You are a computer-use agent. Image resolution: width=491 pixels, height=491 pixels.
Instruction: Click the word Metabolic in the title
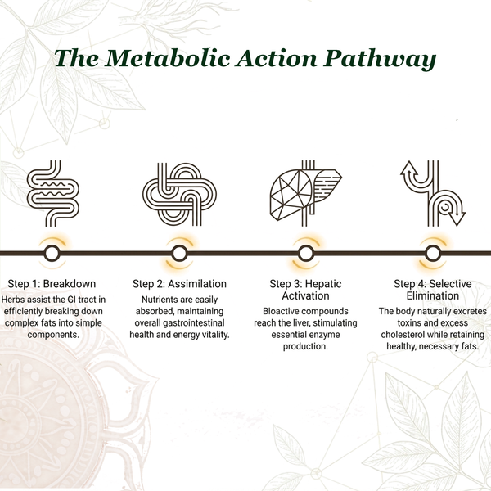[168, 58]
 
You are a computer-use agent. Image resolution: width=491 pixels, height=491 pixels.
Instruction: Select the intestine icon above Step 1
[53, 193]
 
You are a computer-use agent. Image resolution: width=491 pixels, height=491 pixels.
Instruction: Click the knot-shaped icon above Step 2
[179, 194]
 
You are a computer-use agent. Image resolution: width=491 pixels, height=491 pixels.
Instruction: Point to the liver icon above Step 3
[305, 193]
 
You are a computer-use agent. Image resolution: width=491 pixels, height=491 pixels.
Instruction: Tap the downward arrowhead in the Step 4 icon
[457, 218]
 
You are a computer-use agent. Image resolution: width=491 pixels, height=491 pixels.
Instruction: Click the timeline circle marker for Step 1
[52, 253]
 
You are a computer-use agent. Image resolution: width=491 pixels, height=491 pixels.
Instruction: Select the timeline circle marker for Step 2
[179, 253]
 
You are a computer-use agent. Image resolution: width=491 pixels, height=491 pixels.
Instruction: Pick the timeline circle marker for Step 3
[306, 253]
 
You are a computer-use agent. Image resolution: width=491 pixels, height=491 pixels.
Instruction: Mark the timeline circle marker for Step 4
[433, 253]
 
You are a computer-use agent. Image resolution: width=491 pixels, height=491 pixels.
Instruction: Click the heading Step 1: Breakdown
[52, 284]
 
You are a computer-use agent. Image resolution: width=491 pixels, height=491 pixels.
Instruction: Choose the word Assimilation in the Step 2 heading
[197, 284]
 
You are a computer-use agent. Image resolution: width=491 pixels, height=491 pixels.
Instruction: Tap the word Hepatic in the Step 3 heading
[323, 284]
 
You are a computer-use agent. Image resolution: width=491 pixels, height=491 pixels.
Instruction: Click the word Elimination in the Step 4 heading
[432, 295]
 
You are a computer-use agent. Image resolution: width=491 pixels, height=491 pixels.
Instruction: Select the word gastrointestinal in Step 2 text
[194, 323]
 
